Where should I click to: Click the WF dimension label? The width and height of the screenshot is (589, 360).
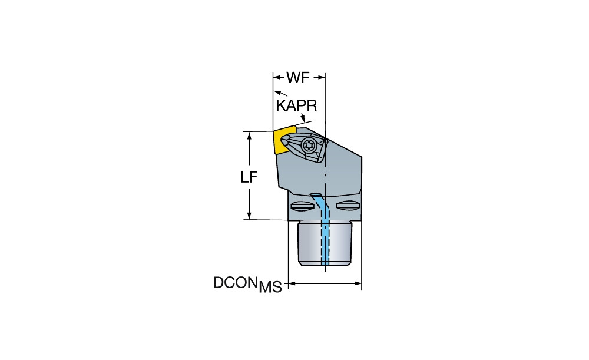point(299,77)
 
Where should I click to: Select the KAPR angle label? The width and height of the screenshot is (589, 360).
point(296,105)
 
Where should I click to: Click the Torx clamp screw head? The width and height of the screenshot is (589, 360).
point(309,145)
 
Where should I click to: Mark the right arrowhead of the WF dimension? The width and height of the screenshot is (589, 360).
point(322,77)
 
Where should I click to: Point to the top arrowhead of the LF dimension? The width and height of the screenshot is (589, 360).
point(250,135)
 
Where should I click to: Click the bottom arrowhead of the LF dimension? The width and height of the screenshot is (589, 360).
point(250,216)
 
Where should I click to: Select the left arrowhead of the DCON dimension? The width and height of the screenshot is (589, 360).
point(292,285)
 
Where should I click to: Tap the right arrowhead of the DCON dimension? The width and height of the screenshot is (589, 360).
point(358,285)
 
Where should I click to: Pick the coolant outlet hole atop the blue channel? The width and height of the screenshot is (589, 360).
point(316,195)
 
